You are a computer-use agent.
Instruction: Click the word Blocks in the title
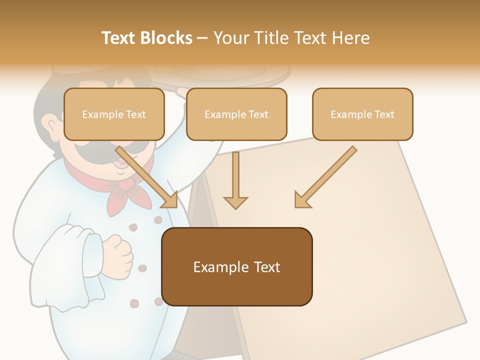pyautogui.click(x=167, y=38)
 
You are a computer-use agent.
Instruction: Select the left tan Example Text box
pyautogui.click(x=114, y=114)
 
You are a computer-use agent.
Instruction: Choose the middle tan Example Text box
pyautogui.click(x=236, y=114)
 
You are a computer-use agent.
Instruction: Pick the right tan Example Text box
pyautogui.click(x=362, y=114)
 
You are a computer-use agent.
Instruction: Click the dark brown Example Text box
pyautogui.click(x=236, y=266)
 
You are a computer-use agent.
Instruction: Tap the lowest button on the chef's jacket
pyautogui.click(x=134, y=303)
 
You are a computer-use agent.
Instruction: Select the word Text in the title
pyautogui.click(x=120, y=38)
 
